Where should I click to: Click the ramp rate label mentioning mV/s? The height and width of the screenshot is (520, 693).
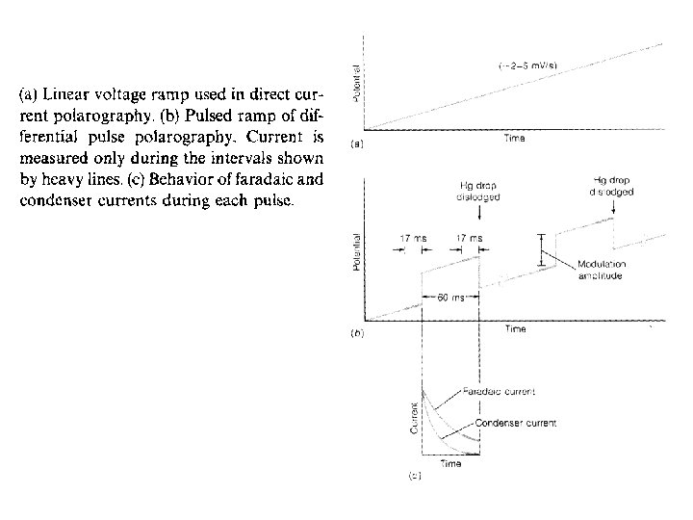[x=526, y=66]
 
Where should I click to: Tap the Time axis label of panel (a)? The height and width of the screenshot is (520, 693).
[x=515, y=139]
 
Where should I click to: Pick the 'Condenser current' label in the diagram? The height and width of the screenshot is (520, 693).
[x=515, y=423]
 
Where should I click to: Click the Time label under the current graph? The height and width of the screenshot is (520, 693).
[x=450, y=463]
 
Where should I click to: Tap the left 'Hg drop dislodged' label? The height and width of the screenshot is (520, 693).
[x=478, y=193]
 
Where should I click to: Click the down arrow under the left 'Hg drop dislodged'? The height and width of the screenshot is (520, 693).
[x=478, y=214]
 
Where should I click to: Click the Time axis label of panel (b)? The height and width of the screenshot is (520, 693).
[x=515, y=329]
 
